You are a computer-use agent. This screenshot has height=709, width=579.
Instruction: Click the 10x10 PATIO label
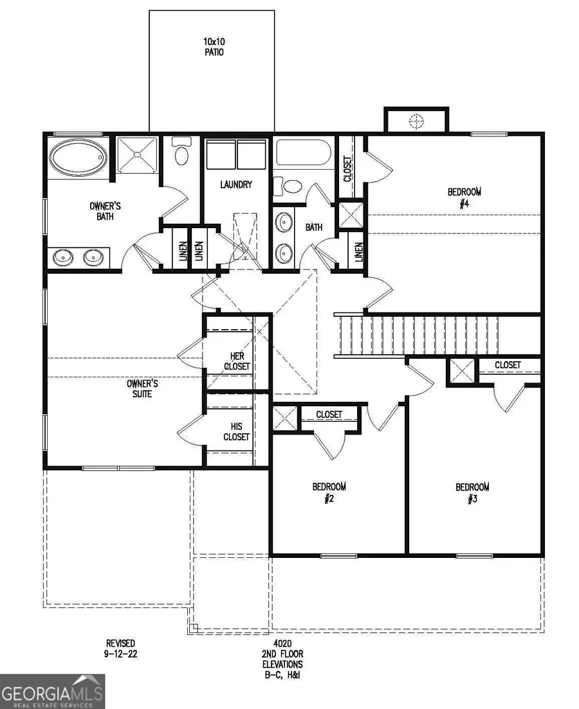pos(212,46)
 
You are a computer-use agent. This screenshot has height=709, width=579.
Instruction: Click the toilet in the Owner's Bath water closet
pos(181,154)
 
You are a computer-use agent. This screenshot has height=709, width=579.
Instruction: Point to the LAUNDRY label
pos(235,184)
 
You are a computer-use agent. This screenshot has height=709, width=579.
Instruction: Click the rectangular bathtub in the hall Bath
pos(303,155)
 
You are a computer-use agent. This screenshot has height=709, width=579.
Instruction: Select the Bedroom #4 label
pos(464,196)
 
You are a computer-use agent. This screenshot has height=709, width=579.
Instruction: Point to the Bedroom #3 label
pos(472,492)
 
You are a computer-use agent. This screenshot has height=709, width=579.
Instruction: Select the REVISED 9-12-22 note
pos(121,648)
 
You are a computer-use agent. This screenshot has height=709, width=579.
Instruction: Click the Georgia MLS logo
pos(52,691)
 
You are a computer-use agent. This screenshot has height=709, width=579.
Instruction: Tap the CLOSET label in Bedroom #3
pos(508,364)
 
